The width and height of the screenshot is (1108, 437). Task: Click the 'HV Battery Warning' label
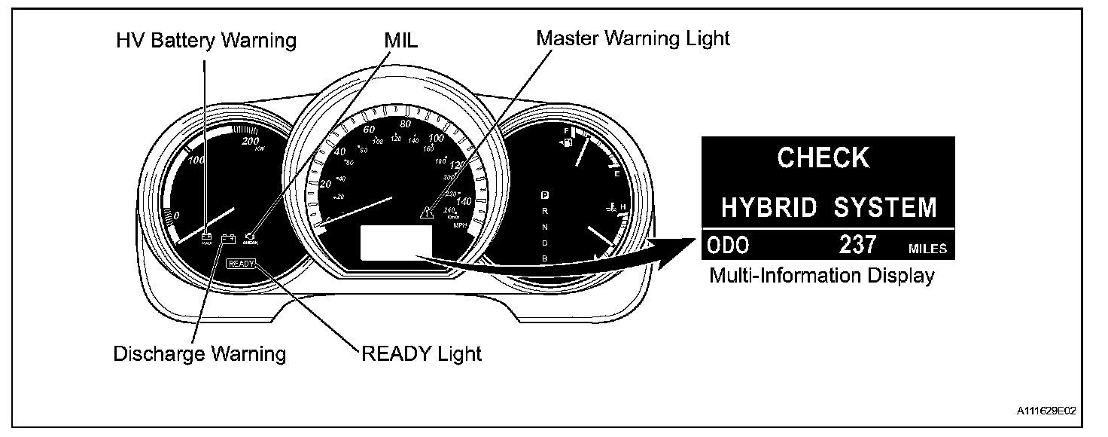[x=205, y=40]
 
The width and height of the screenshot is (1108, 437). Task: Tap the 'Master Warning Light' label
[x=633, y=38]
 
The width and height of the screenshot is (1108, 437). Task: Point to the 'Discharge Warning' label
[x=199, y=353]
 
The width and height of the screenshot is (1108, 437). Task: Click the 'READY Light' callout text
[x=422, y=353]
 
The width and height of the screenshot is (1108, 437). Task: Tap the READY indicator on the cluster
[x=242, y=263]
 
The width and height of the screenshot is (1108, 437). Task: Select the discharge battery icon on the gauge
[x=229, y=240]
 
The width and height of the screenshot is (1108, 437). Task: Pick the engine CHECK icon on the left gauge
[x=251, y=239]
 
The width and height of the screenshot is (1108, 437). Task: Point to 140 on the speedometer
[x=464, y=201]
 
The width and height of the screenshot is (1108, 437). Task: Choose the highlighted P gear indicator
[x=544, y=194]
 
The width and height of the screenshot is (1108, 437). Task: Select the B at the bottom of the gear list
[x=544, y=258]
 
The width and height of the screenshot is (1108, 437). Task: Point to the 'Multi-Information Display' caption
[x=822, y=276]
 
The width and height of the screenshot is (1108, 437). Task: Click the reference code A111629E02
[x=1046, y=411]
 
